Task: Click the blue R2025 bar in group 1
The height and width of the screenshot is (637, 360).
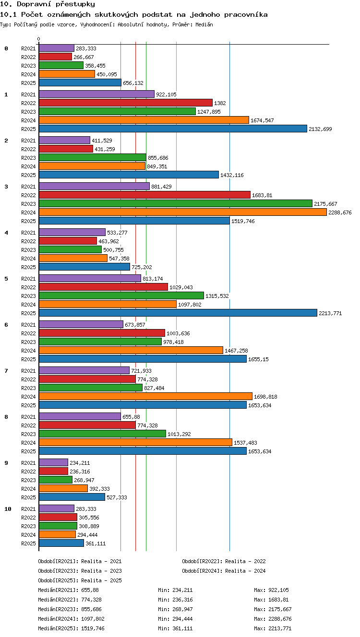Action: click(173, 129)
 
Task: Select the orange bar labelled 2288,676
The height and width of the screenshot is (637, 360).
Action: click(183, 212)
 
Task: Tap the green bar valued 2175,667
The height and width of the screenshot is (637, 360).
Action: click(176, 203)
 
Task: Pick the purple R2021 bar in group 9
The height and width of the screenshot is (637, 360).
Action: click(53, 463)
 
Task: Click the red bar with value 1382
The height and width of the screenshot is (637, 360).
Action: click(126, 103)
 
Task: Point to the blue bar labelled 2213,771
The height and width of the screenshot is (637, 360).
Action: click(178, 313)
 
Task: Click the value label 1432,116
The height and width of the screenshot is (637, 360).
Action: click(232, 175)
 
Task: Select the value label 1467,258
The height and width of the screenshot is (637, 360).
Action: click(236, 351)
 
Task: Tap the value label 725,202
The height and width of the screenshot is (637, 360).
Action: click(142, 267)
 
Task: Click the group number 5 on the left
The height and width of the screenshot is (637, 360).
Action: click(6, 279)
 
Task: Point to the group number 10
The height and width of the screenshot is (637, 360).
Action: click(8, 509)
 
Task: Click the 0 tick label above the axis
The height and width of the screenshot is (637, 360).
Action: click(39, 39)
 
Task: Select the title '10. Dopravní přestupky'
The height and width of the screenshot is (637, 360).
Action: click(48, 4)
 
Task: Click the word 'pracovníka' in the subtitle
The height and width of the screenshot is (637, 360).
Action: click(246, 14)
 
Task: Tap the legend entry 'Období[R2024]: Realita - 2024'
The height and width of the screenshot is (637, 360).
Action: click(224, 571)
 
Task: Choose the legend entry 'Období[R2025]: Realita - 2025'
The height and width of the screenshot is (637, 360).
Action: click(80, 580)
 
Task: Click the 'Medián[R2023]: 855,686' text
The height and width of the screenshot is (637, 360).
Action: click(70, 609)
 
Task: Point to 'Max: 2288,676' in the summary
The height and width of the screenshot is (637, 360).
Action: click(273, 619)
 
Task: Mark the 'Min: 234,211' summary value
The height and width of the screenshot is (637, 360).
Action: click(175, 590)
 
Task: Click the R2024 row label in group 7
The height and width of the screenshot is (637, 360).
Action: click(28, 397)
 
